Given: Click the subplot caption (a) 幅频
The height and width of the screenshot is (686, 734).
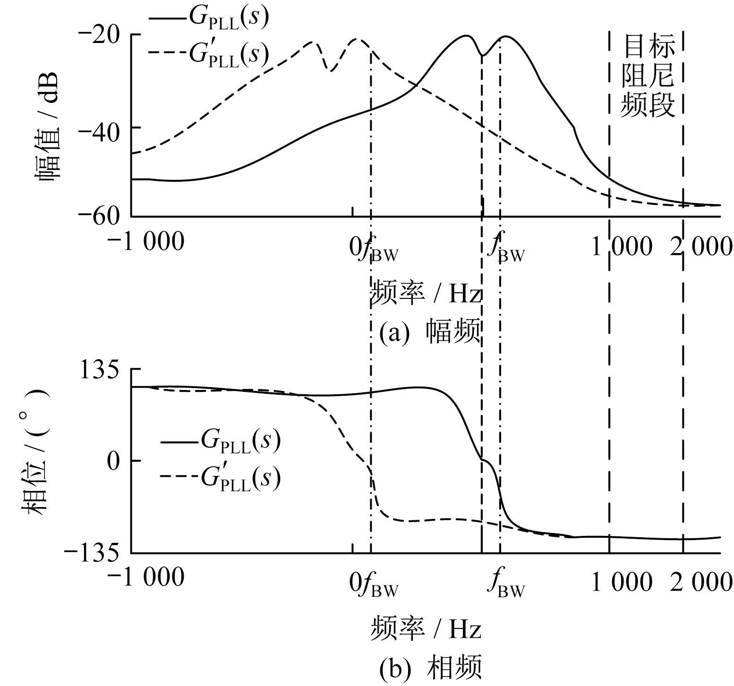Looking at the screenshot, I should click(x=430, y=333).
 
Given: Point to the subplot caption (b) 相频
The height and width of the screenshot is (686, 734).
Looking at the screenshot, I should click(x=430, y=667).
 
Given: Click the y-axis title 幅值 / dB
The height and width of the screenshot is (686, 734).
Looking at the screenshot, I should click(x=46, y=126).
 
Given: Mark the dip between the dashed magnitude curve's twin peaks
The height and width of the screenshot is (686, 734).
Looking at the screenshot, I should click(x=331, y=71).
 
